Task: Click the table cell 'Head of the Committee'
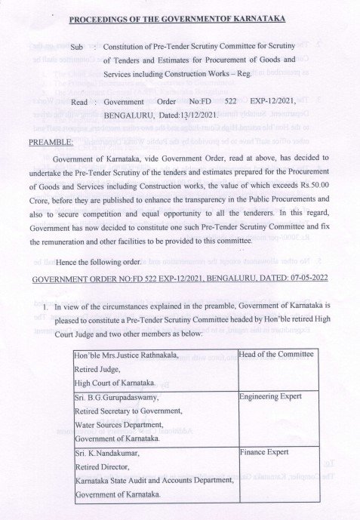(x=275, y=354)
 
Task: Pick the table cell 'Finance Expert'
(x=263, y=454)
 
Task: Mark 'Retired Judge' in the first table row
(x=96, y=369)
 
